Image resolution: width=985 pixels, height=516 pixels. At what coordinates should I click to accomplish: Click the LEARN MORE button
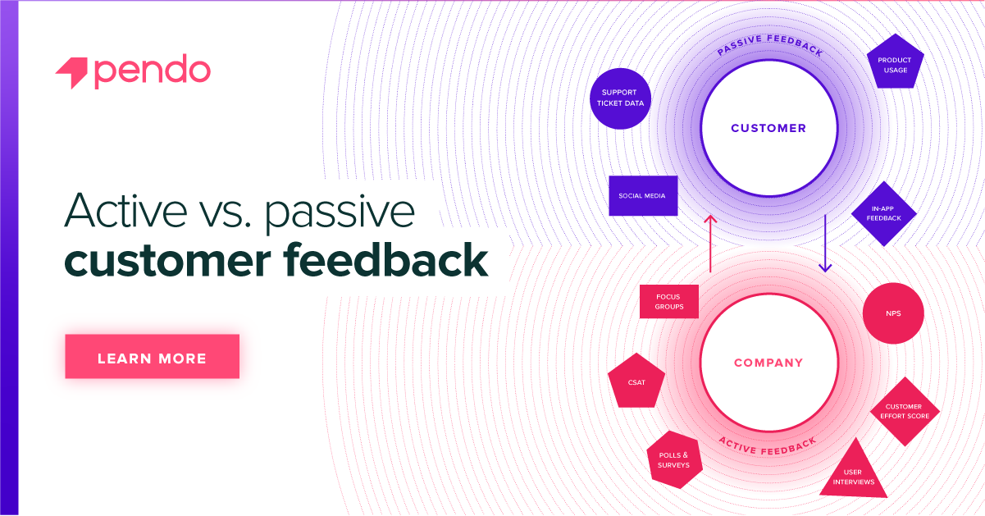click(x=152, y=357)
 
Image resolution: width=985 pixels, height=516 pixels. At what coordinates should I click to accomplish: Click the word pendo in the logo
click(x=153, y=72)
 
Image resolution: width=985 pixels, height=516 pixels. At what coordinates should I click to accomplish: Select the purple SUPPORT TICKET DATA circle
click(x=621, y=98)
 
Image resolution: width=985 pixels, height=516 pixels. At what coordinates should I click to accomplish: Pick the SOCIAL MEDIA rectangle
click(x=643, y=196)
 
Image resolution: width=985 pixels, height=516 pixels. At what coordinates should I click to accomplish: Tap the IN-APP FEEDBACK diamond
click(x=882, y=213)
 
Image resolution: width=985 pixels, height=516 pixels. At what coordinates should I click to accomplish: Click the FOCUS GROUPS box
click(x=668, y=302)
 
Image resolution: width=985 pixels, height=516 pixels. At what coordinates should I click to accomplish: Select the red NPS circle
click(x=893, y=313)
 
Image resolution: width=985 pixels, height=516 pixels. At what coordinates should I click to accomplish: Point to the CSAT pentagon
click(x=636, y=382)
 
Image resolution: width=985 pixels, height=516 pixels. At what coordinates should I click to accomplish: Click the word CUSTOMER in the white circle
click(x=768, y=128)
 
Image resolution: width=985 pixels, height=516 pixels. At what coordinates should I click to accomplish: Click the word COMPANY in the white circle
click(x=768, y=362)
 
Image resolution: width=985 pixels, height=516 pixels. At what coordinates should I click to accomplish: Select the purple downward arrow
click(x=825, y=243)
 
